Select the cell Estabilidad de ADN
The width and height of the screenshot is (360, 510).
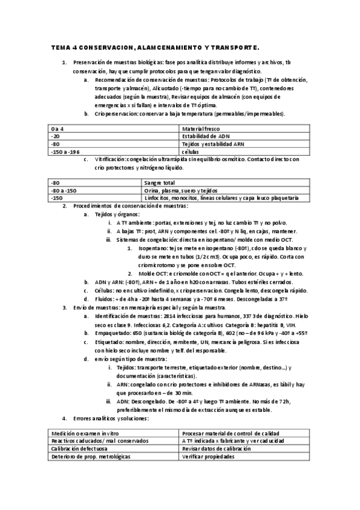click(205, 137)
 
